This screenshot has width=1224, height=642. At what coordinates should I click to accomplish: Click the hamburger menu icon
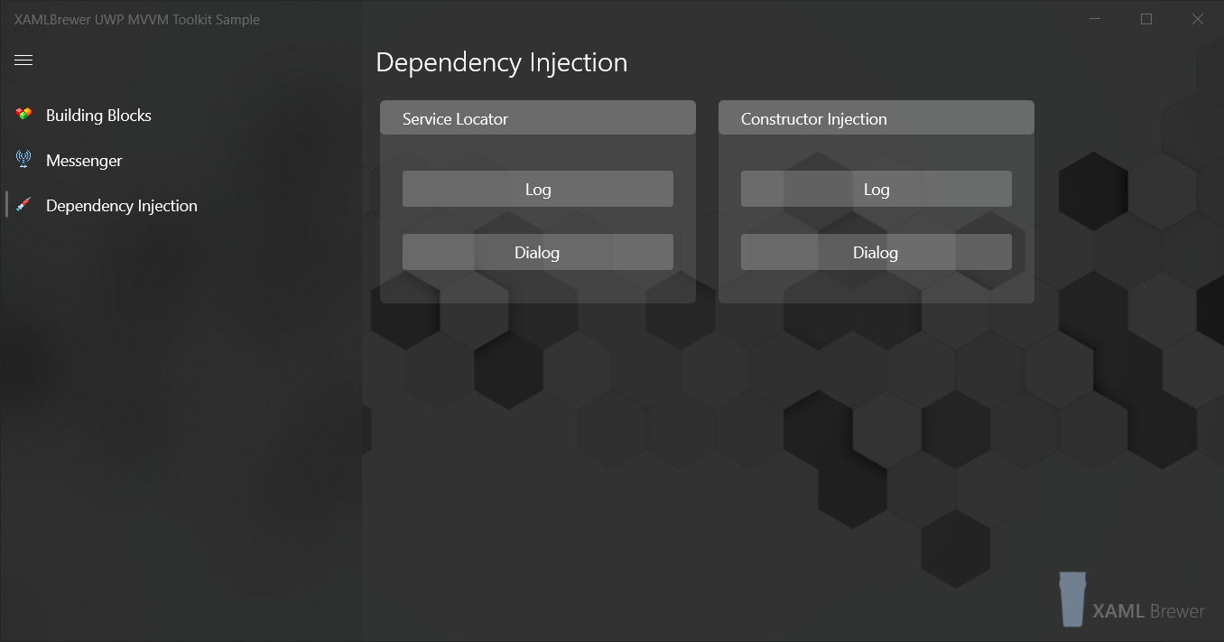[23, 60]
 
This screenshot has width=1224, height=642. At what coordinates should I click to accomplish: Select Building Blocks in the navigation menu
[98, 116]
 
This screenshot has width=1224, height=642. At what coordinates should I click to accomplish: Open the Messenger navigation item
[84, 161]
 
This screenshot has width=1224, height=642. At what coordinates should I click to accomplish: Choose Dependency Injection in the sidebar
[121, 206]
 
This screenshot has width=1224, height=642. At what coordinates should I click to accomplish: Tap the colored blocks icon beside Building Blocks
[23, 115]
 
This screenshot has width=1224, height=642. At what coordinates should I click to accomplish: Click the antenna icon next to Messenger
[23, 160]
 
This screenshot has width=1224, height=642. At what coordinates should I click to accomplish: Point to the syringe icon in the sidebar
[23, 205]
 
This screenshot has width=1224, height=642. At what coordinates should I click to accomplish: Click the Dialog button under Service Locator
[537, 252]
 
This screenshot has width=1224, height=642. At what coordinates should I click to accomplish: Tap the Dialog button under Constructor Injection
[876, 252]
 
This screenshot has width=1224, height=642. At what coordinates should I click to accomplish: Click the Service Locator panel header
[537, 118]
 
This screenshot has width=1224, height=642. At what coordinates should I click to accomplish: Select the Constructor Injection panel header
[876, 118]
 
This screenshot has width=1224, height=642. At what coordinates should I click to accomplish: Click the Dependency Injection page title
[501, 62]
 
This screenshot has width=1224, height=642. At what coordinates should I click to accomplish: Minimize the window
[1095, 19]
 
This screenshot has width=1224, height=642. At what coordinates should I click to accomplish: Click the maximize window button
[1146, 19]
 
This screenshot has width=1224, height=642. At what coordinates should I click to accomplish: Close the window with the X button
[1198, 19]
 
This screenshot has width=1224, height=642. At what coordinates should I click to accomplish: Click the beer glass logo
[1072, 599]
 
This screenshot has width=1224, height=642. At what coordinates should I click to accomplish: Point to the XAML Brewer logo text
[1148, 611]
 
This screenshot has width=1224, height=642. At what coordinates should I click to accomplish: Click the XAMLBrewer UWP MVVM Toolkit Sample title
[137, 19]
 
